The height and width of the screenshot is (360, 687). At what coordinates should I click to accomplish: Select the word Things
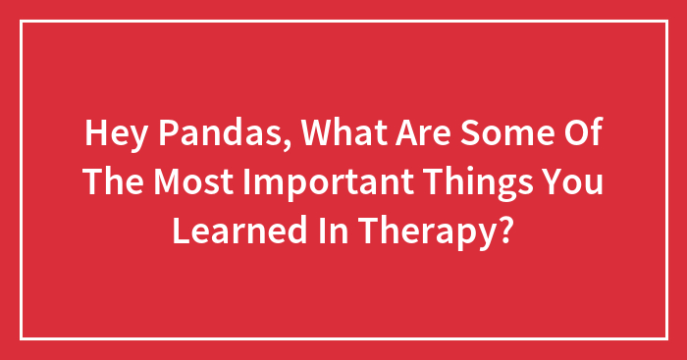click(x=468, y=181)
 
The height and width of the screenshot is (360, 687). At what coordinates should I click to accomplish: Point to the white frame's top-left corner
click(x=22, y=22)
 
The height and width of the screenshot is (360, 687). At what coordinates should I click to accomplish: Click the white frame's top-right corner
click(x=665, y=22)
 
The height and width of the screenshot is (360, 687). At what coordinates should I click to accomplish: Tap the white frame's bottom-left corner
click(x=22, y=338)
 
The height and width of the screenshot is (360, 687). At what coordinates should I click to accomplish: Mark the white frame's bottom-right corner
click(x=665, y=338)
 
